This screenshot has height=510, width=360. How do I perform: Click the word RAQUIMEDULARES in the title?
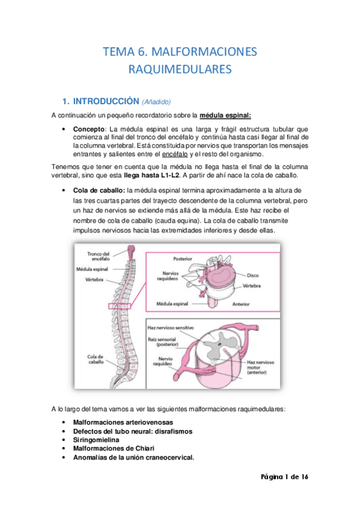[x=180, y=70]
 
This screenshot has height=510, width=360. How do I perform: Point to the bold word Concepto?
[x=88, y=129]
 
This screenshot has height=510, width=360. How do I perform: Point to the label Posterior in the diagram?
[x=187, y=259]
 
